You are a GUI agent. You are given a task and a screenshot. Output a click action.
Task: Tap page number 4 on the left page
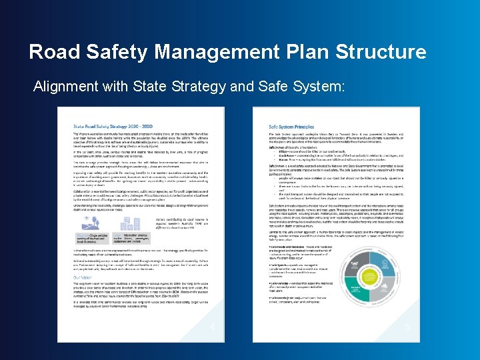coord(212,327)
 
